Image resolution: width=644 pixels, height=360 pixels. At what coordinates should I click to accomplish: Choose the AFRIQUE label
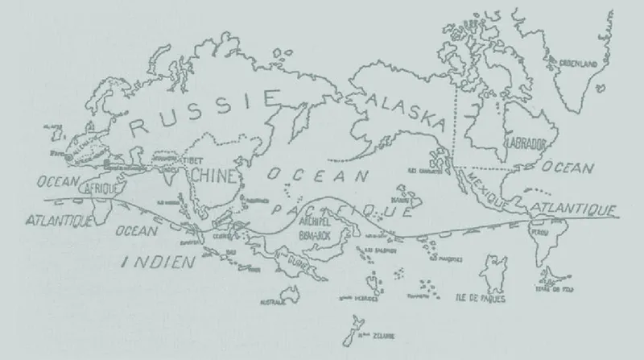[x=102, y=188]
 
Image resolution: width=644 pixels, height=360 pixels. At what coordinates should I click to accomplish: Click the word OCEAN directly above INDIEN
[x=138, y=231]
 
